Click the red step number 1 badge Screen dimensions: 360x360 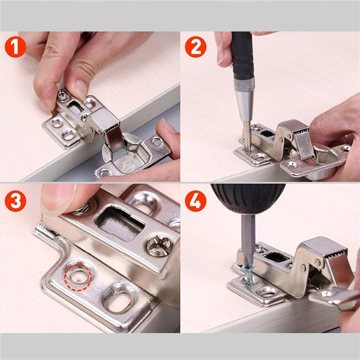(x=15, y=47)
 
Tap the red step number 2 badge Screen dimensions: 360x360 (x=195, y=47)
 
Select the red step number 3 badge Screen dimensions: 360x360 (x=15, y=201)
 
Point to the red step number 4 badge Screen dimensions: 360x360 (x=195, y=201)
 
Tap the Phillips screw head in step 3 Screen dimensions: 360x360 (x=159, y=246)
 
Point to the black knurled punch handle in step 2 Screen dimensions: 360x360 (x=242, y=55)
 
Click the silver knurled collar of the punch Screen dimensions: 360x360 (x=244, y=84)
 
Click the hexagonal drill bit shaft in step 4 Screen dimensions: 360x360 (x=248, y=239)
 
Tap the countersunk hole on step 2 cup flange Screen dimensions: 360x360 (x=292, y=164)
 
